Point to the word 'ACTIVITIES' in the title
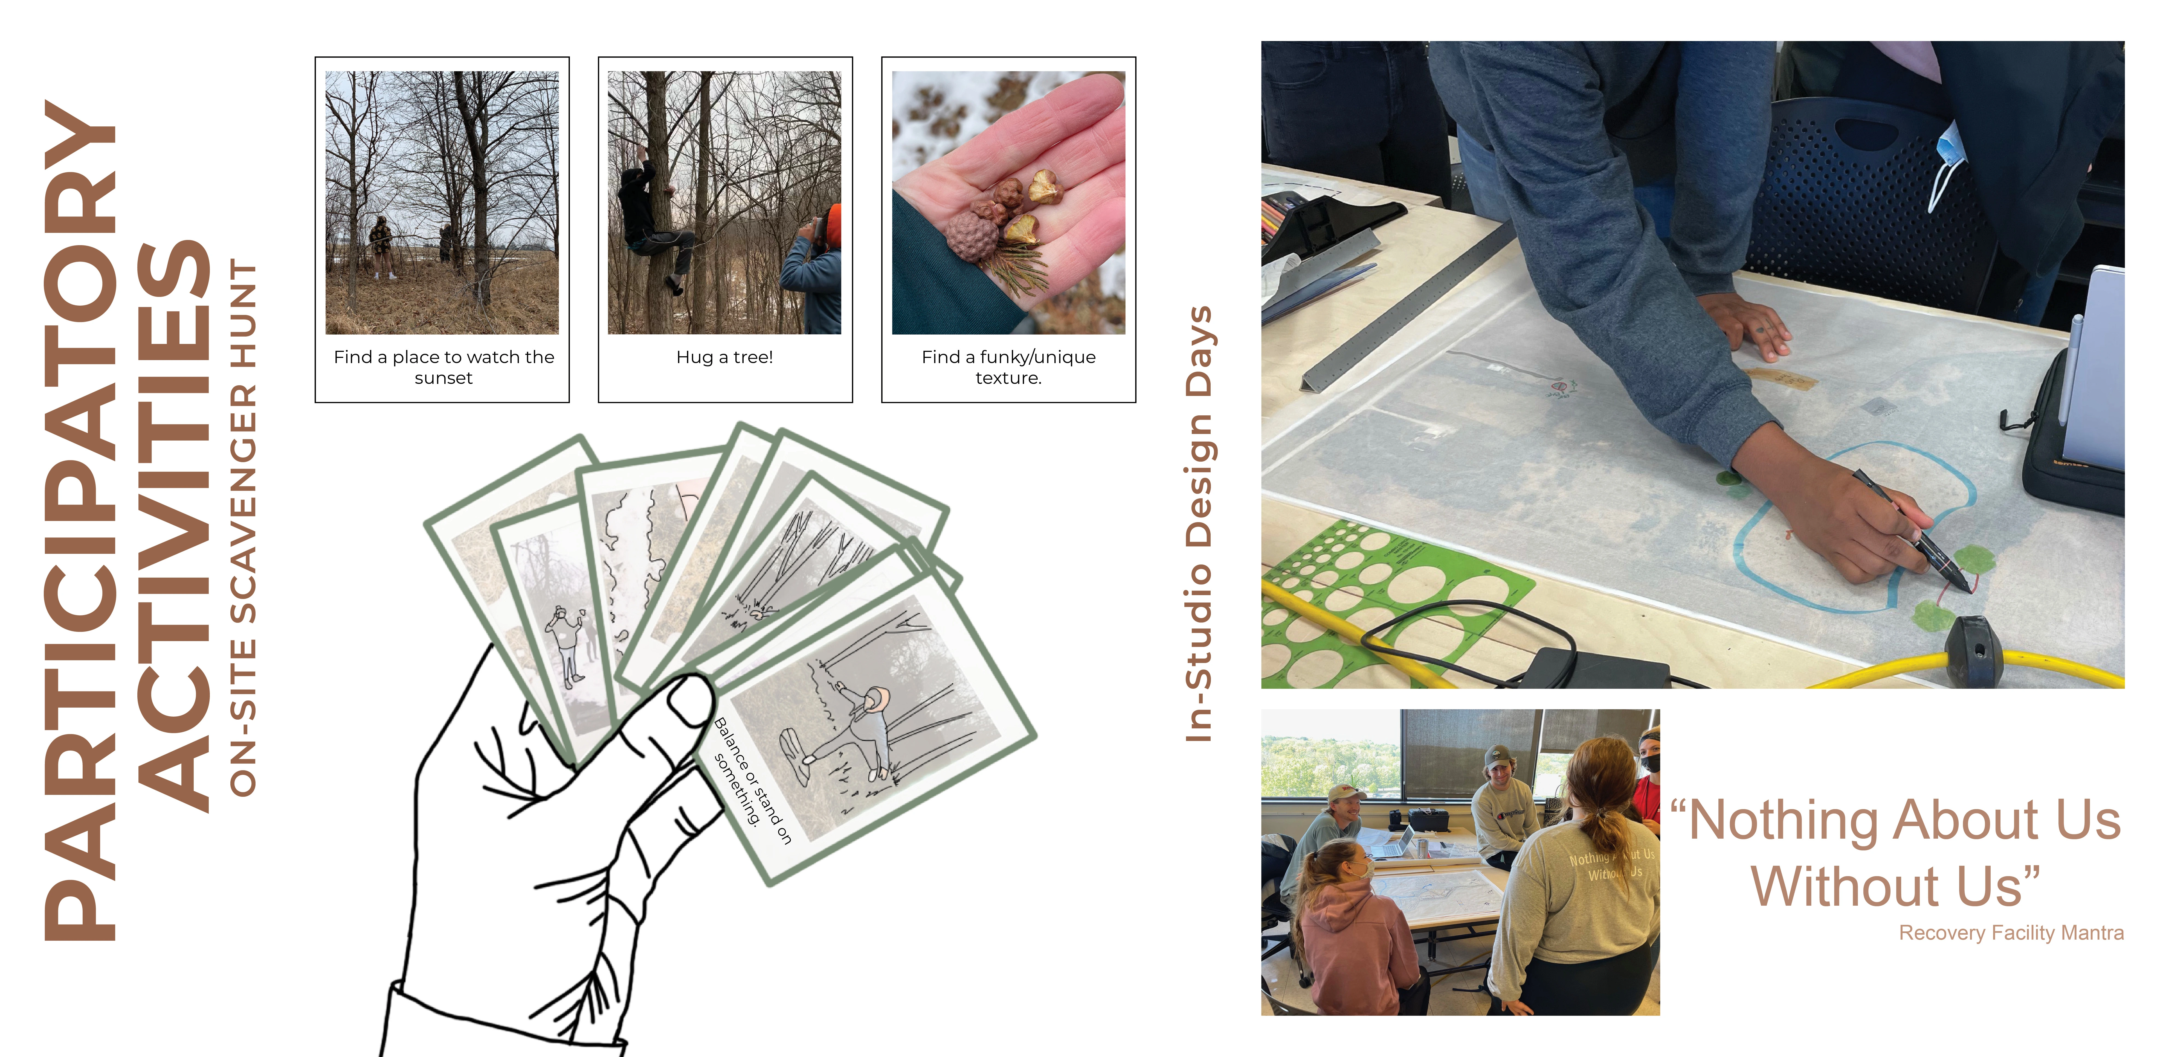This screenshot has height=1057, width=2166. pos(172,526)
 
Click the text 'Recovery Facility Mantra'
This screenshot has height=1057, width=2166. pos(2010,933)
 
